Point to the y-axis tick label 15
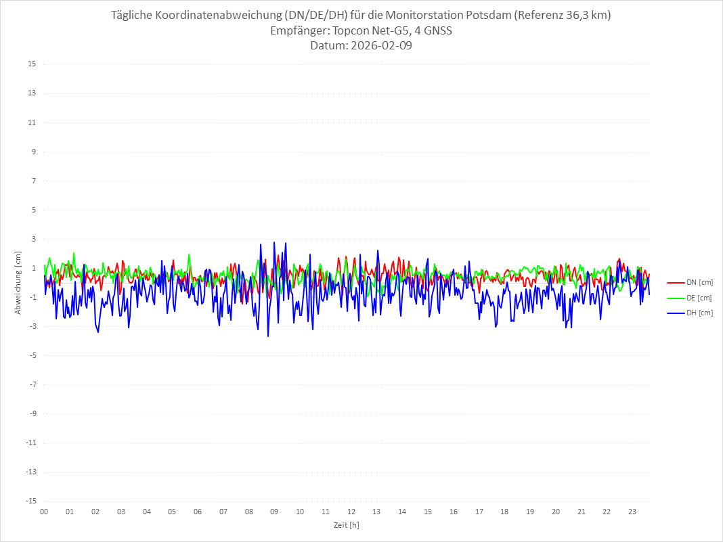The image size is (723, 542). (x=32, y=64)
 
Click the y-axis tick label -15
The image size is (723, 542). (x=30, y=501)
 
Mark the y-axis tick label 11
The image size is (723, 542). (x=32, y=122)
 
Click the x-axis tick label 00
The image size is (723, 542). (x=44, y=512)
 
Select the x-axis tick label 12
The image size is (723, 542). (x=351, y=512)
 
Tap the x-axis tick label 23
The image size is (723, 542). (x=632, y=512)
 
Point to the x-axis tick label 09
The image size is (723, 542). (x=274, y=512)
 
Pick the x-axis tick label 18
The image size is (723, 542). (x=504, y=512)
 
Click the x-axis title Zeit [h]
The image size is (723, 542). (x=347, y=524)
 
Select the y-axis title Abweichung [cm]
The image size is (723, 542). (x=18, y=283)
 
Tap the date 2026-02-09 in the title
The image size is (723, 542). (x=378, y=46)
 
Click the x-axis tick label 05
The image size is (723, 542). (x=172, y=512)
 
